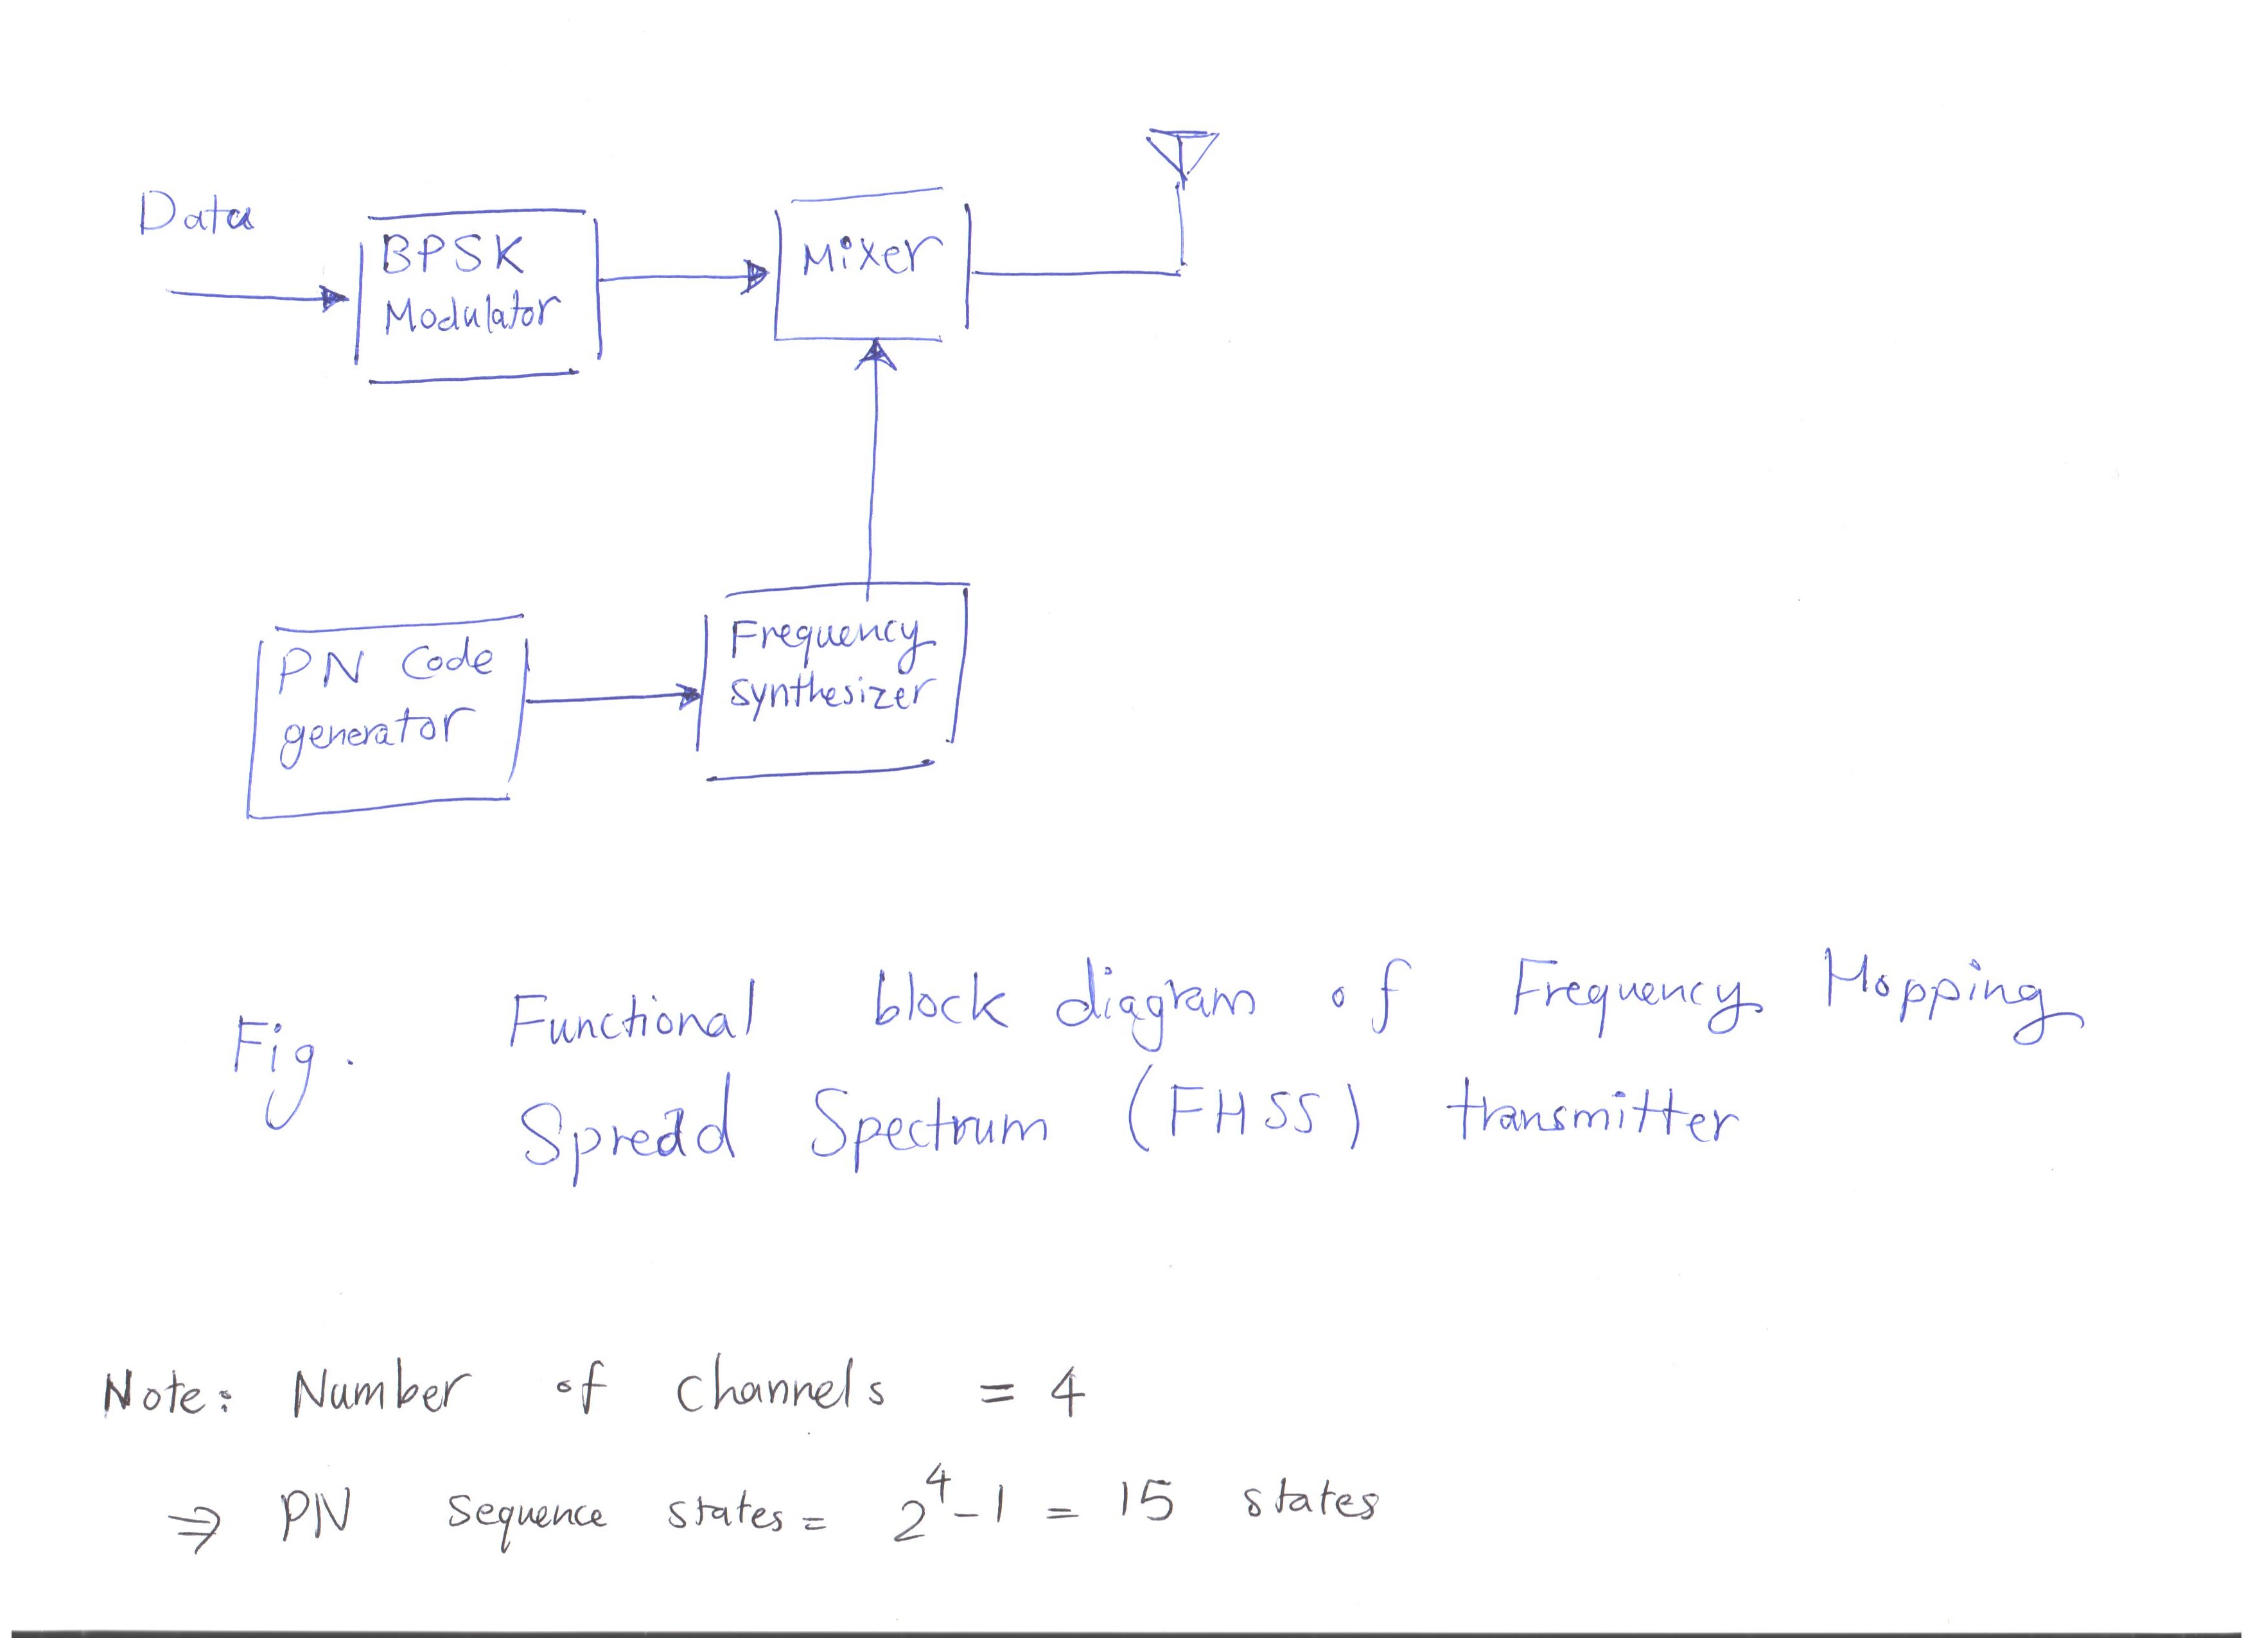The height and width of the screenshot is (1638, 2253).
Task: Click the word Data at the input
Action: coord(196,213)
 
